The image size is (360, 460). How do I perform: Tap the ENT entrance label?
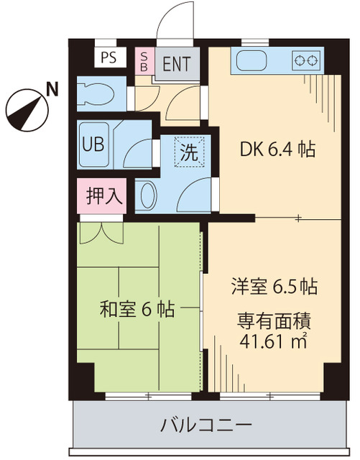pos(176,63)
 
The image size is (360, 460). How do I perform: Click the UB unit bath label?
pos(93,143)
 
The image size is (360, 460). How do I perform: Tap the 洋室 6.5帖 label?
pos(274,285)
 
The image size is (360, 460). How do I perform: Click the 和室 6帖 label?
pos(137,310)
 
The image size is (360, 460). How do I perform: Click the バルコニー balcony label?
pos(206,424)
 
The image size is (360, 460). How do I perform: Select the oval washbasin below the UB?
pos(147,195)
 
